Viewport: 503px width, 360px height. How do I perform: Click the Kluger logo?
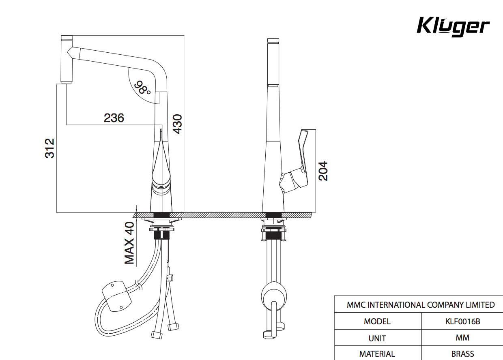pos(453,27)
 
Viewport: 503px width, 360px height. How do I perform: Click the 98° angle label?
pos(143,87)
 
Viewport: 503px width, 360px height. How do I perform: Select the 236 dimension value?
pos(114,118)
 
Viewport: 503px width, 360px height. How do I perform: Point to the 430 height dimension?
pos(178,124)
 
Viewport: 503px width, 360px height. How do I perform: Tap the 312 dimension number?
pos(49,148)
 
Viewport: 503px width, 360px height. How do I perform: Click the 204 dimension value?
pos(323,171)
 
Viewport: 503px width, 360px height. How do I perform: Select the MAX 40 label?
pos(129,243)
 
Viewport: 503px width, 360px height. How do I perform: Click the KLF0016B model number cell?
pos(462,321)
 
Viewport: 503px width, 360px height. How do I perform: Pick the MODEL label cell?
pos(377,321)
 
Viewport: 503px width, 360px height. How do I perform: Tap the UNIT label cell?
pos(377,338)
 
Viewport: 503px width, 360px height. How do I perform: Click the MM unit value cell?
pos(462,337)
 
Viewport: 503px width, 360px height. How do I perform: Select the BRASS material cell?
pos(462,354)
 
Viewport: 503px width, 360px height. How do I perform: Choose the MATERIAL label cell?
pos(377,354)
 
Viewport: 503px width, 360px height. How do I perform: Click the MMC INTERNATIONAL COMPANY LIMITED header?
pos(420,304)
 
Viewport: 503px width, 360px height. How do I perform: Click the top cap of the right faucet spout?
pos(273,40)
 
